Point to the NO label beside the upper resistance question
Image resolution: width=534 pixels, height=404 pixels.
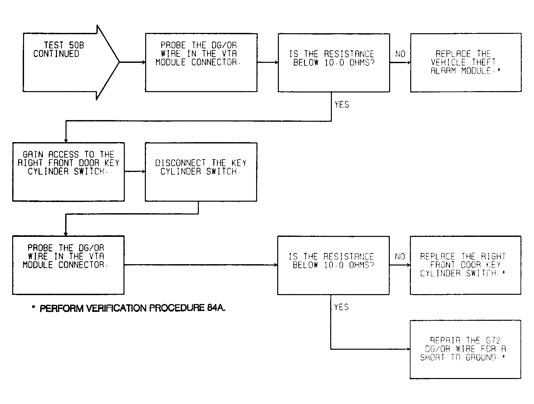400,54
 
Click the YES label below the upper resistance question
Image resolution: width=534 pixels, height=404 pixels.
341,105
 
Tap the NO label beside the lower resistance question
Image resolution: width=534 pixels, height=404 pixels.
400,257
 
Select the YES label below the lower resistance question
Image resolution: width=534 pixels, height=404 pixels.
341,307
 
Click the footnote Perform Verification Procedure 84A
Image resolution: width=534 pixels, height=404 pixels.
129,308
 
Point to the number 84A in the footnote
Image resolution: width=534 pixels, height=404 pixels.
216,308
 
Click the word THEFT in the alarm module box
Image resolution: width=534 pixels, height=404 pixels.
483,62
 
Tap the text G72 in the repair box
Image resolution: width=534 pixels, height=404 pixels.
493,340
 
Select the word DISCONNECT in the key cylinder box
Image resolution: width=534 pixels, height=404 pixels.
180,163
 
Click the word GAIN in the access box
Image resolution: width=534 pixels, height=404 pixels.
33,154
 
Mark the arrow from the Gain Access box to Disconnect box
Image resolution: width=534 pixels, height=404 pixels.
135,172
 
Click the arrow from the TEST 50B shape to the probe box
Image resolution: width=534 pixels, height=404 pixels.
132,62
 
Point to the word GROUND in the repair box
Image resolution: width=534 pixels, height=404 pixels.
481,357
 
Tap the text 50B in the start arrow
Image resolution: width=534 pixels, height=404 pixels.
76,45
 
